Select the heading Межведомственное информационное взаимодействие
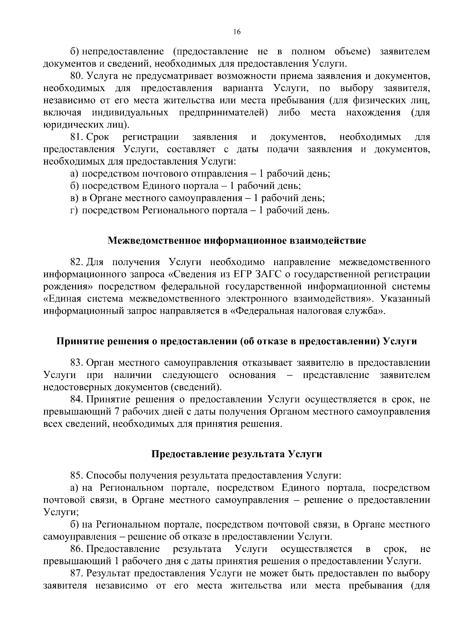[x=237, y=241]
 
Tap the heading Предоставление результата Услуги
[x=237, y=454]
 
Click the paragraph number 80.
[x=77, y=76]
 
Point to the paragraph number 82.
[x=77, y=262]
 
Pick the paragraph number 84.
[x=77, y=400]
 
